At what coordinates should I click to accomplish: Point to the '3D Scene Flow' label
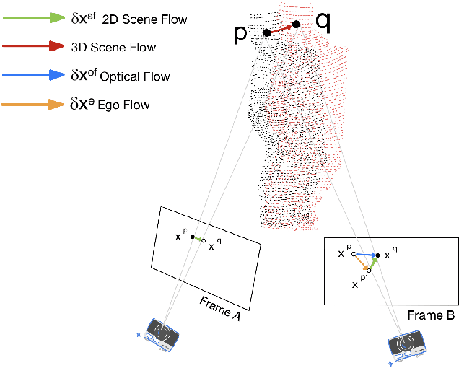click(x=114, y=47)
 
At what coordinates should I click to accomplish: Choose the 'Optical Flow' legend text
click(x=131, y=76)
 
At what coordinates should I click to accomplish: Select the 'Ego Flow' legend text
click(x=121, y=105)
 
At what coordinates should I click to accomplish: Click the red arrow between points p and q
click(x=281, y=29)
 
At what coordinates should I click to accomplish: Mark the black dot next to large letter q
click(x=296, y=25)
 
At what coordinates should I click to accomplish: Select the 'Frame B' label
click(x=431, y=315)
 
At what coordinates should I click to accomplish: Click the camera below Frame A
click(x=162, y=334)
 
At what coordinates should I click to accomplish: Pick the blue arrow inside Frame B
click(x=364, y=255)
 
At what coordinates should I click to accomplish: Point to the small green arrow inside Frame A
click(x=198, y=238)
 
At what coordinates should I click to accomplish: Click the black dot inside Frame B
click(x=377, y=255)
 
